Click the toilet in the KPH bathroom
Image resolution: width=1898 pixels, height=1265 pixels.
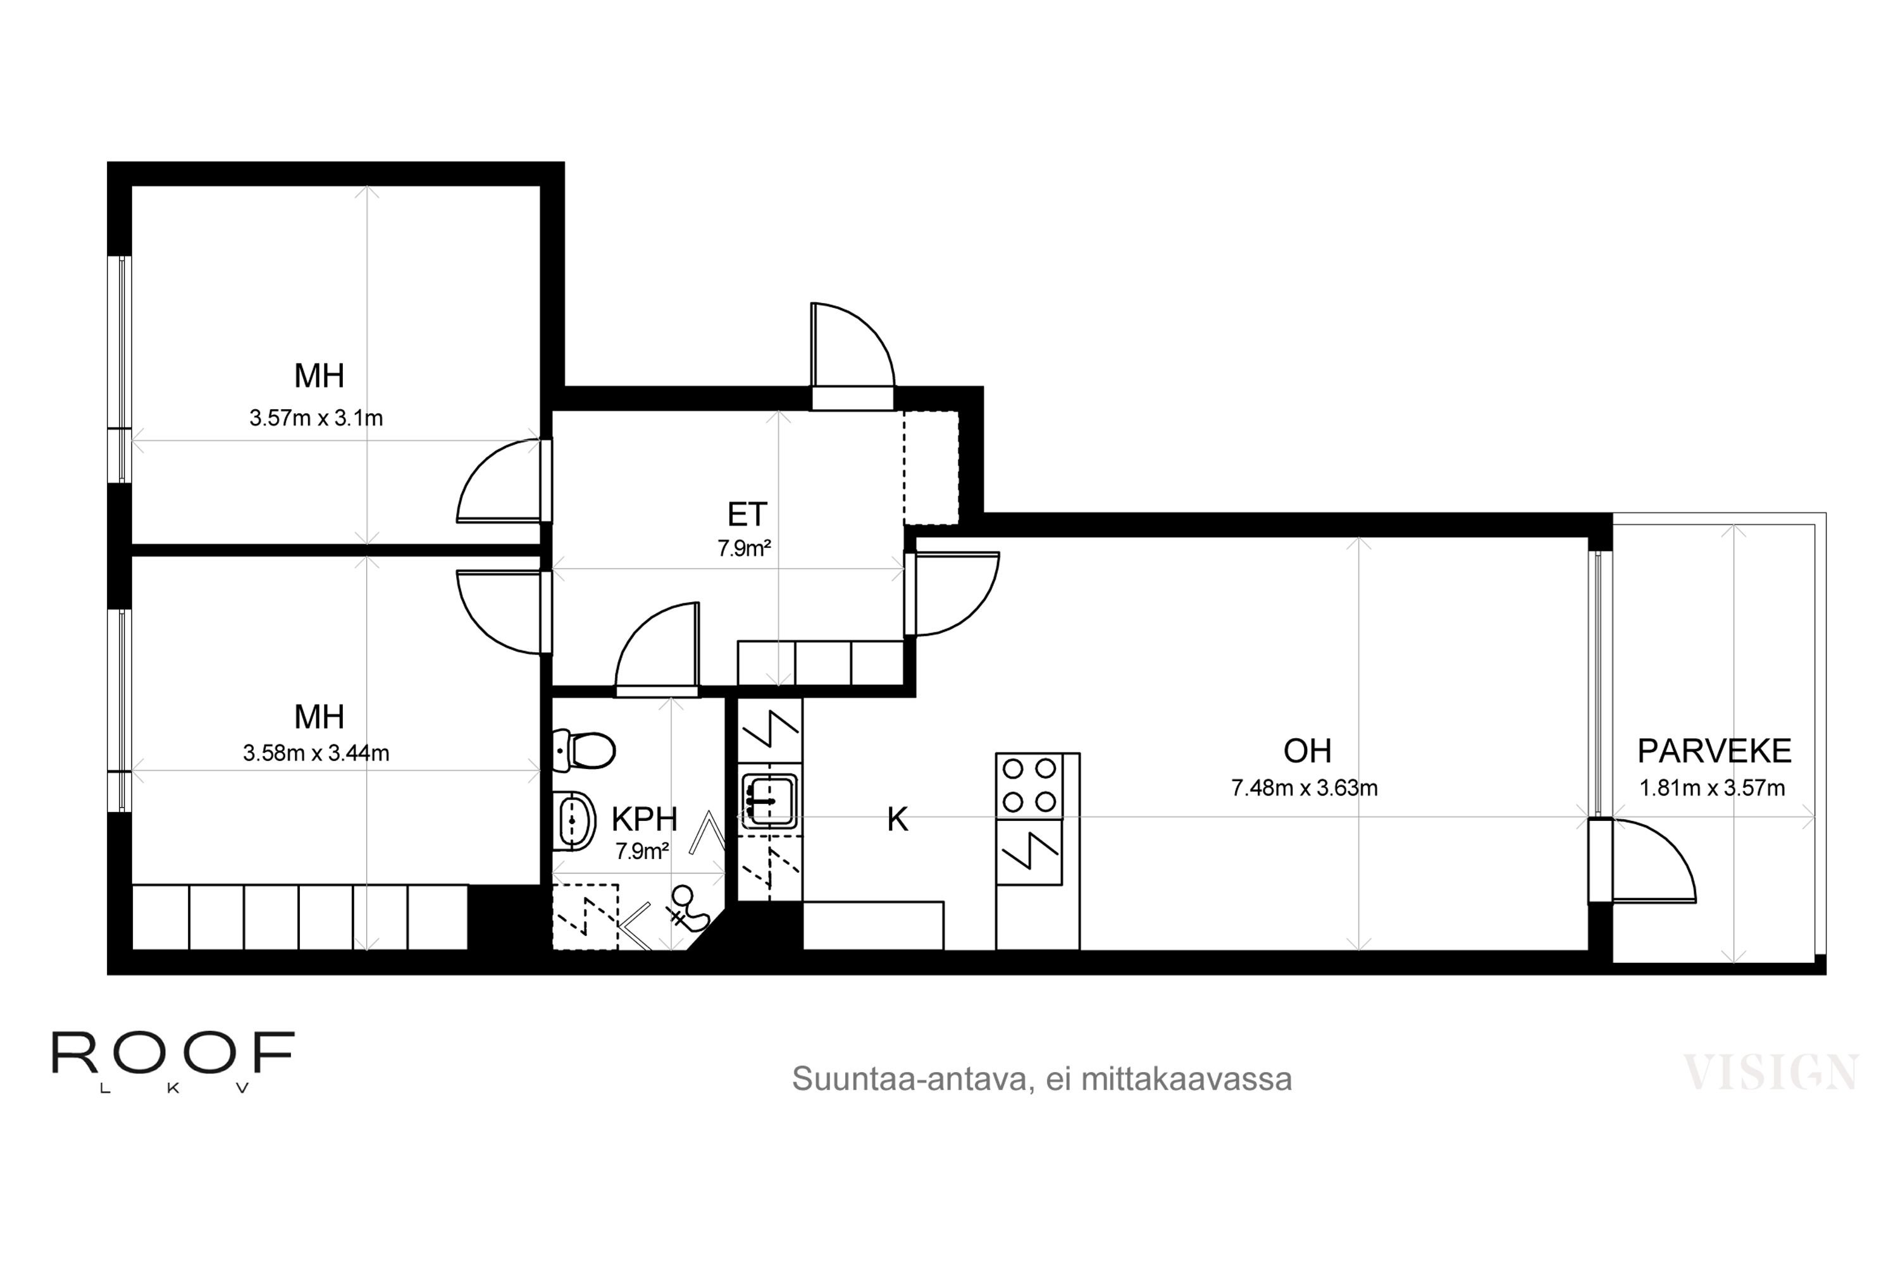(x=584, y=750)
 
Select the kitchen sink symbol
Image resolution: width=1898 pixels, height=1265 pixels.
(x=769, y=801)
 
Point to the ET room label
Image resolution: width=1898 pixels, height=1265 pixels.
(x=747, y=514)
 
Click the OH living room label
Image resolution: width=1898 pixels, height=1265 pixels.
(x=1307, y=751)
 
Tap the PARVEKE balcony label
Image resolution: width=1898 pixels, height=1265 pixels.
(x=1714, y=751)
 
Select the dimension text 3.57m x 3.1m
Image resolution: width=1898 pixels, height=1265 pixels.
(x=316, y=418)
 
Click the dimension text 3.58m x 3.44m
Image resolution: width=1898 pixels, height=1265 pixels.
(x=316, y=753)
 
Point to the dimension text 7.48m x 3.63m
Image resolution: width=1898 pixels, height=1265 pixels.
(x=1305, y=787)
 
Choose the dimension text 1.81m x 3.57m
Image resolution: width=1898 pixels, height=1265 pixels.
(x=1713, y=787)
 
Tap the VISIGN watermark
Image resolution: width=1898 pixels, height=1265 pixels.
(x=1770, y=1071)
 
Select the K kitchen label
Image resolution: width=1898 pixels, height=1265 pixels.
(x=897, y=820)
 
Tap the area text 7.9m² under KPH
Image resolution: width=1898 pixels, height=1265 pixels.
(x=642, y=851)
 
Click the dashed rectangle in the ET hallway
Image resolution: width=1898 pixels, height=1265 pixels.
(x=931, y=468)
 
